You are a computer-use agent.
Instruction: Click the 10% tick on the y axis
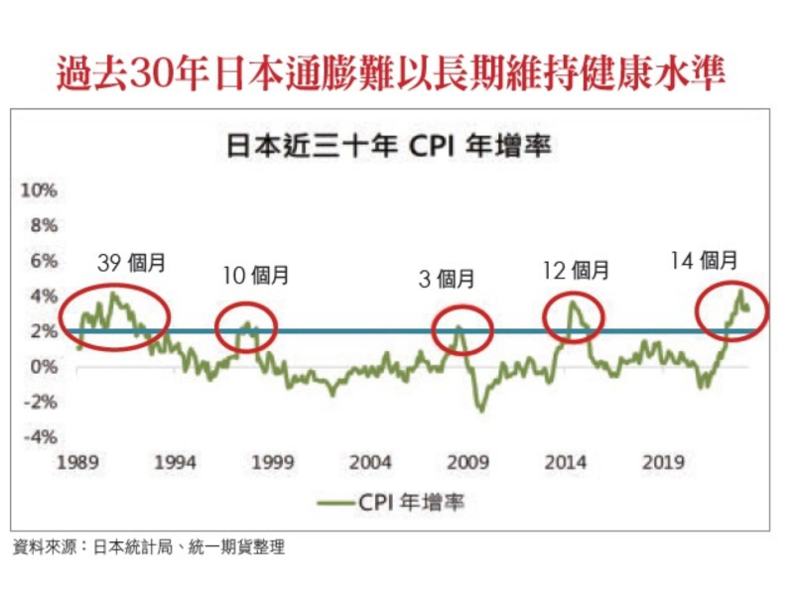pyautogui.click(x=39, y=190)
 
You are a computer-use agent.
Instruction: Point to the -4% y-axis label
pyautogui.click(x=39, y=437)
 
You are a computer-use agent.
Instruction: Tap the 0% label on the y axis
pyautogui.click(x=43, y=367)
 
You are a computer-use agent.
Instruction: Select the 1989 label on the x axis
pyautogui.click(x=76, y=462)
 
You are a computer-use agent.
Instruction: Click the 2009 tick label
pyautogui.click(x=468, y=462)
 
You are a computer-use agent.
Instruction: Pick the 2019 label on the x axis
pyautogui.click(x=665, y=462)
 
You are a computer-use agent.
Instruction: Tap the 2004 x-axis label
pyautogui.click(x=370, y=462)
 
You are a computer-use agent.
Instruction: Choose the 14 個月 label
pyautogui.click(x=705, y=262)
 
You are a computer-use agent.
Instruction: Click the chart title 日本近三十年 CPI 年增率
pyautogui.click(x=389, y=147)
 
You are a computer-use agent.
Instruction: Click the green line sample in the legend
pyautogui.click(x=346, y=503)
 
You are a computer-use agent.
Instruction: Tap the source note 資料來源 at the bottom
pyautogui.click(x=149, y=546)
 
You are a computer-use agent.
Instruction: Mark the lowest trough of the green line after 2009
pyautogui.click(x=482, y=409)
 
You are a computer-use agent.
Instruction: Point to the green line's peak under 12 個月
pyautogui.click(x=572, y=302)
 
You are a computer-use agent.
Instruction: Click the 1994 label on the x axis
pyautogui.click(x=174, y=462)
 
